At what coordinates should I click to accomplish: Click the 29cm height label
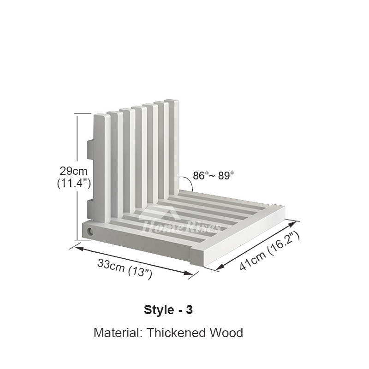point(73,171)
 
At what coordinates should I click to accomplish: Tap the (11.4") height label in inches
point(74,183)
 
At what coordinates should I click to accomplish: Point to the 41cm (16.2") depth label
point(269,250)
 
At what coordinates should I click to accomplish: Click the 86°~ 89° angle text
point(214,176)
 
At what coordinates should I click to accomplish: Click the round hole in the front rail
point(89,232)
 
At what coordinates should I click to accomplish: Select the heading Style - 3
point(168,309)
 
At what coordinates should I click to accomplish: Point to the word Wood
point(226,333)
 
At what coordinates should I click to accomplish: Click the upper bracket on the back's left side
point(90,149)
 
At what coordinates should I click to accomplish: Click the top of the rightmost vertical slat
point(172,101)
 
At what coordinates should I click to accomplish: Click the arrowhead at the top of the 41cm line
point(292,224)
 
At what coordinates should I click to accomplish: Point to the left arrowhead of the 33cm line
point(79,248)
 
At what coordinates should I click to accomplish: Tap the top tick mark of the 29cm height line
point(83,113)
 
